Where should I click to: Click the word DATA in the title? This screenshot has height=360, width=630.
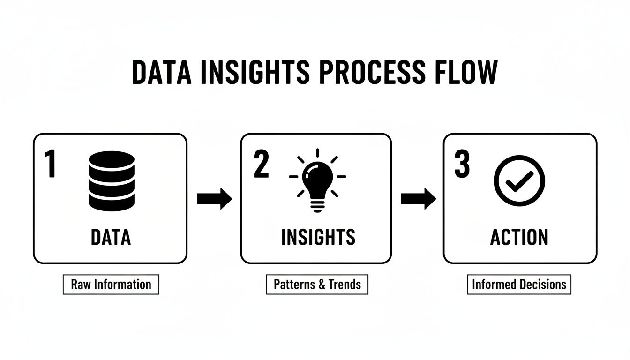pyautogui.click(x=161, y=73)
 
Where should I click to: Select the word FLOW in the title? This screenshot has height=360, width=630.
pyautogui.click(x=464, y=73)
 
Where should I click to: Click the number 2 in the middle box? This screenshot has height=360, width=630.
pyautogui.click(x=261, y=165)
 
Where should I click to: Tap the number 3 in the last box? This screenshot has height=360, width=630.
pyautogui.click(x=462, y=165)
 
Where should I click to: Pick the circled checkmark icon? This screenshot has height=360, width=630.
pyautogui.click(x=520, y=180)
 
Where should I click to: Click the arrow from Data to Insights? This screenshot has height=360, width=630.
pyautogui.click(x=214, y=199)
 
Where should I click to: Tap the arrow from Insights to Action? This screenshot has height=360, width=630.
pyautogui.click(x=418, y=199)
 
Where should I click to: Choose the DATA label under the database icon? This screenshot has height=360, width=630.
pyautogui.click(x=111, y=237)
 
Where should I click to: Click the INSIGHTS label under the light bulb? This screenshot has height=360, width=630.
pyautogui.click(x=318, y=237)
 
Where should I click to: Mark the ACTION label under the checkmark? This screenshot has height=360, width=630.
pyautogui.click(x=519, y=237)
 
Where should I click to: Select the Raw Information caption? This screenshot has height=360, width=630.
pyautogui.click(x=111, y=285)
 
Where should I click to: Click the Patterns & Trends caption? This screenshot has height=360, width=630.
pyautogui.click(x=317, y=285)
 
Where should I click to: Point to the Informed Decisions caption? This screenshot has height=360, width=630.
pyautogui.click(x=519, y=285)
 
